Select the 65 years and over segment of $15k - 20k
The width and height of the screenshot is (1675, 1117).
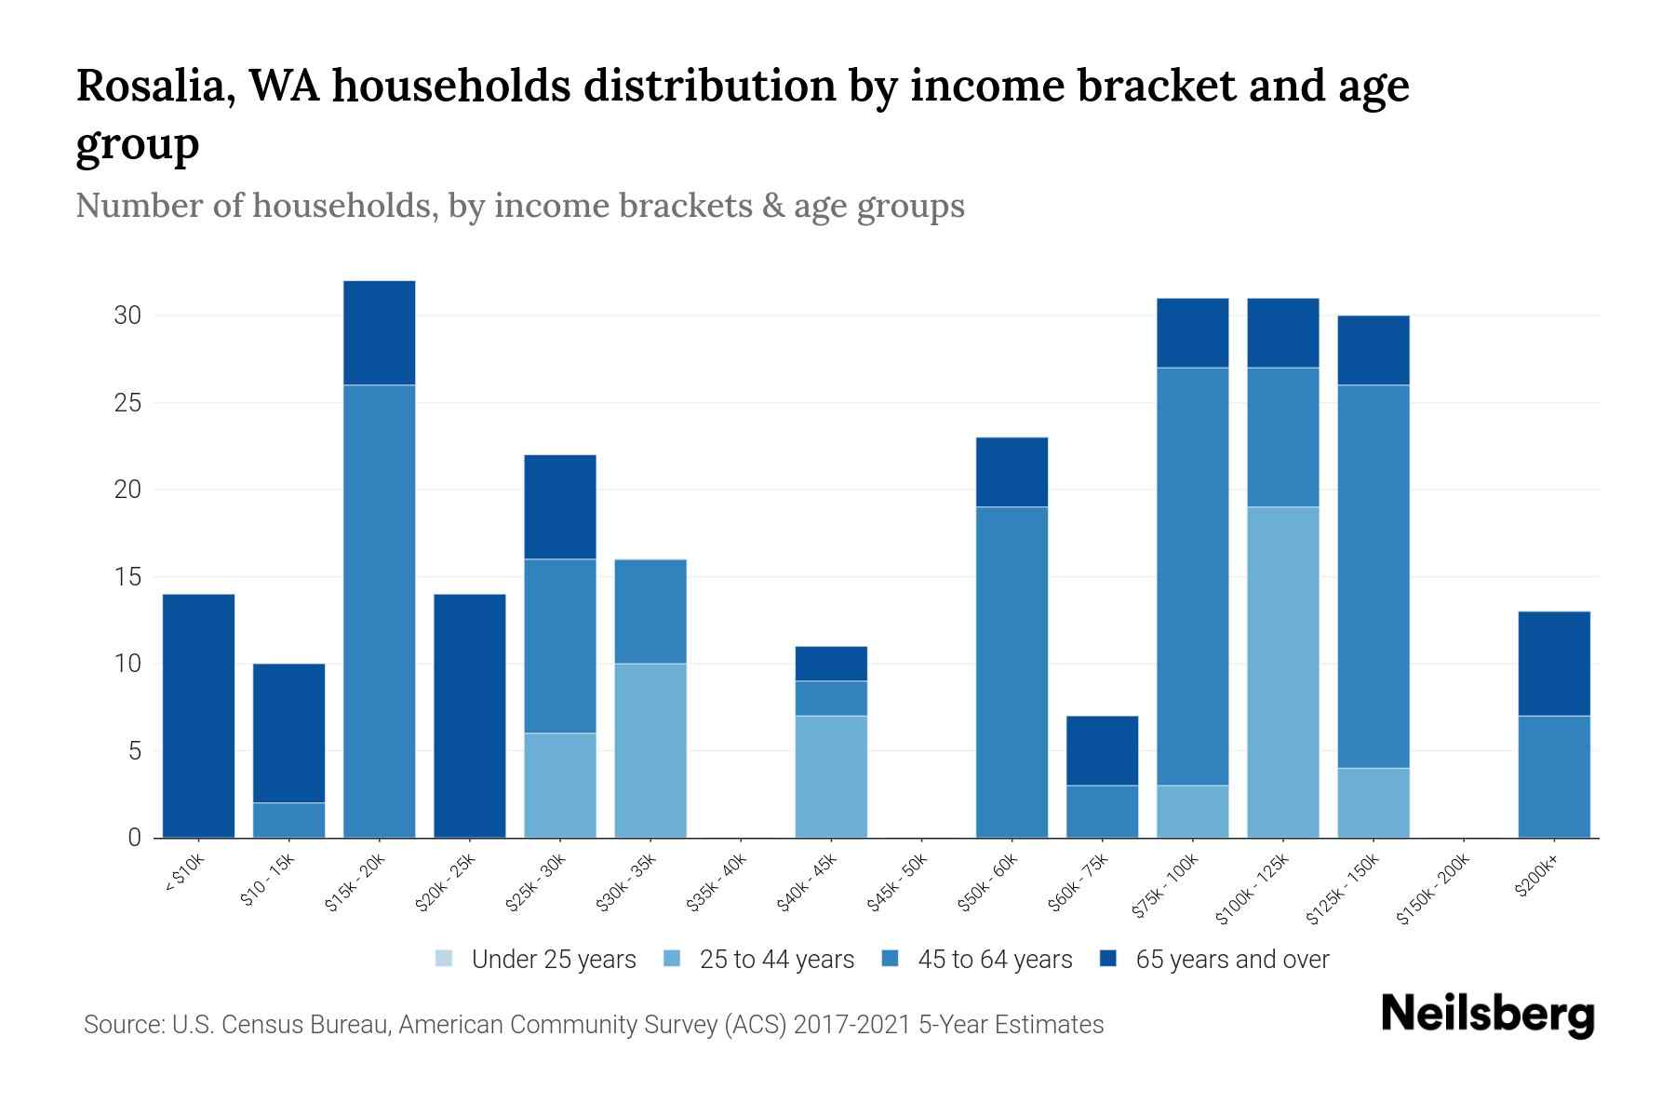pyautogui.click(x=379, y=332)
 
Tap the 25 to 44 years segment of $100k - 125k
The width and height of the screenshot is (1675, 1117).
pyautogui.click(x=1282, y=671)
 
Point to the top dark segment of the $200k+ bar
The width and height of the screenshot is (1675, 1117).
pyautogui.click(x=1553, y=663)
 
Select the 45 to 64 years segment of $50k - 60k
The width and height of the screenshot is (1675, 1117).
pyautogui.click(x=1012, y=671)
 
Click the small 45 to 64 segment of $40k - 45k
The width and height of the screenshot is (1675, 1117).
pyautogui.click(x=831, y=698)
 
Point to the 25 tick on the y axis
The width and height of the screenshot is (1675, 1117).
pyautogui.click(x=127, y=403)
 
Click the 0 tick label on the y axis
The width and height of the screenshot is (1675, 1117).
pyautogui.click(x=135, y=838)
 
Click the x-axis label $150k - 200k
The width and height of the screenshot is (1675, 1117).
pyautogui.click(x=1434, y=889)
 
